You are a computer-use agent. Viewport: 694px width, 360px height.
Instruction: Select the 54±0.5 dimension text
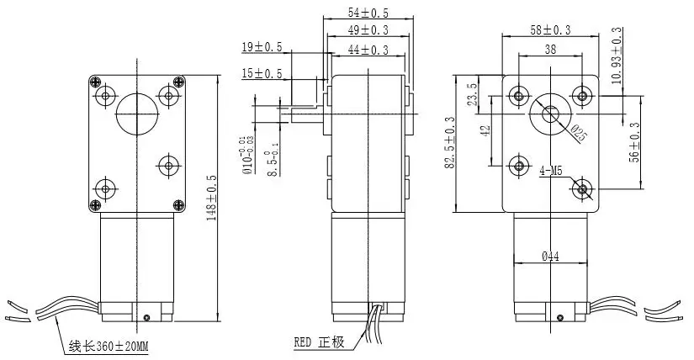coord(367,13)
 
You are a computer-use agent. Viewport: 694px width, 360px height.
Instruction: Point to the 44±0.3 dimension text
coord(367,50)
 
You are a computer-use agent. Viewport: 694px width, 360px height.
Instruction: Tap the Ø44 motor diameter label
coord(550,256)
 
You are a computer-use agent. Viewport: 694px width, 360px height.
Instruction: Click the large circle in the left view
coord(135,113)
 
